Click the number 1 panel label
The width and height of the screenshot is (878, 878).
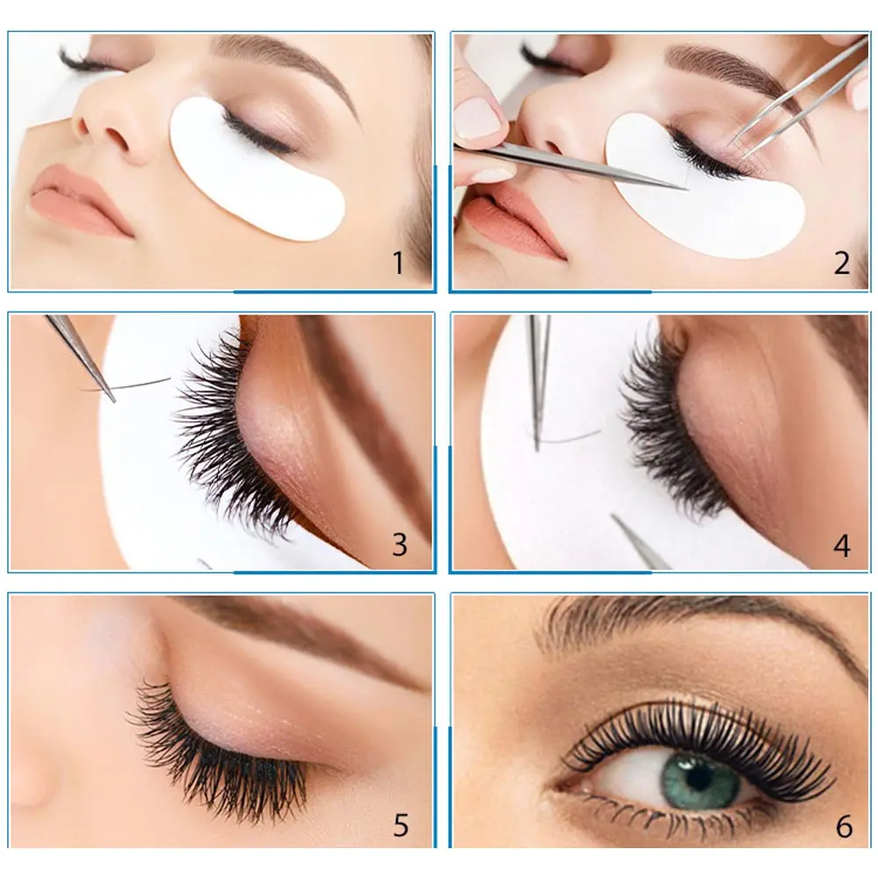398,263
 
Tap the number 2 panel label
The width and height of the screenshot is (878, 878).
842,263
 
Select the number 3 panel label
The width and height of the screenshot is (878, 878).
399,544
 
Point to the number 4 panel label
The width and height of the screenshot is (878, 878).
842,545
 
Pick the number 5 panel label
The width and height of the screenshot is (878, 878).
400,825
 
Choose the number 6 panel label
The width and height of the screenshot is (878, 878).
844,825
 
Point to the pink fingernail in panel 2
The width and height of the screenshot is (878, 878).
479,119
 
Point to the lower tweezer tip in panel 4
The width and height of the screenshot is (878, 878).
619,523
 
